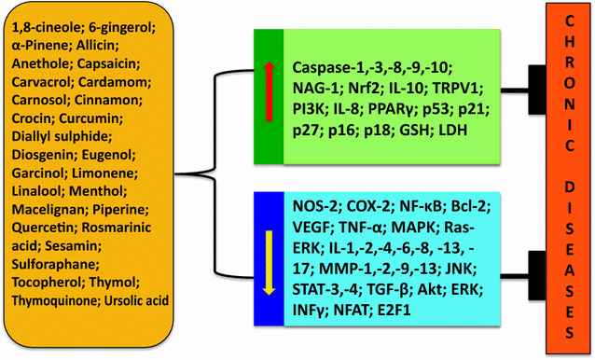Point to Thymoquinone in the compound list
(x=52, y=300)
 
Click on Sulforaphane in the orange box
(x=54, y=265)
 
